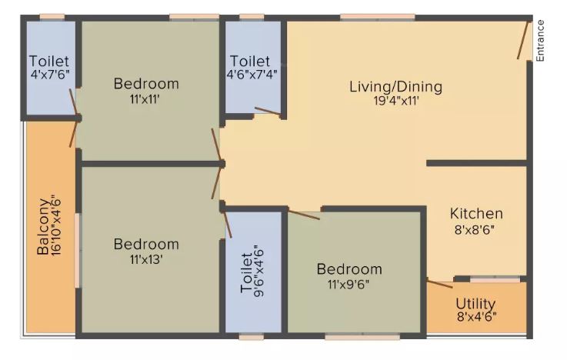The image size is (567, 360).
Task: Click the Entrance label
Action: point(539,41)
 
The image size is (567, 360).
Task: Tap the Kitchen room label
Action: point(476,213)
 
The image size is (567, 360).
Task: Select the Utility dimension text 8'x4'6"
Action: point(476,317)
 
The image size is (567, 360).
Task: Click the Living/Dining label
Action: point(395,87)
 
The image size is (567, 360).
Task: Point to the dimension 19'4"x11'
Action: point(396,100)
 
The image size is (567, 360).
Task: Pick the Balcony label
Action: point(43,227)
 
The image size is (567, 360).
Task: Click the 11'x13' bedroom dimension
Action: point(146,259)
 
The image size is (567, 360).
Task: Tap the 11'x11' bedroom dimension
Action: point(145,98)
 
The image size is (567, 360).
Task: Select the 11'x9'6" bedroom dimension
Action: point(349,285)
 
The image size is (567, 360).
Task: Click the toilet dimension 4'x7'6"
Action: point(50,75)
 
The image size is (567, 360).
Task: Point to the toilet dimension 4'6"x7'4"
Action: point(252,74)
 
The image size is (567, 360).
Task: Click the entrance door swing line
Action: point(523,40)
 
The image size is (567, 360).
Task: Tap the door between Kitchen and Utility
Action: point(439,284)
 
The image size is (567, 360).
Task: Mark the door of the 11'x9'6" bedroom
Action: point(304,215)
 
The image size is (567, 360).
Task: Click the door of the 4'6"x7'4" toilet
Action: point(267,111)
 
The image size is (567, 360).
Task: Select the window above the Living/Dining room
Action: point(378,17)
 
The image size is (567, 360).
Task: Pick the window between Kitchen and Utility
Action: point(495,279)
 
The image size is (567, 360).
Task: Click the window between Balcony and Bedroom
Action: point(77,250)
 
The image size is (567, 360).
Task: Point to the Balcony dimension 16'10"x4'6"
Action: point(57,226)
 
